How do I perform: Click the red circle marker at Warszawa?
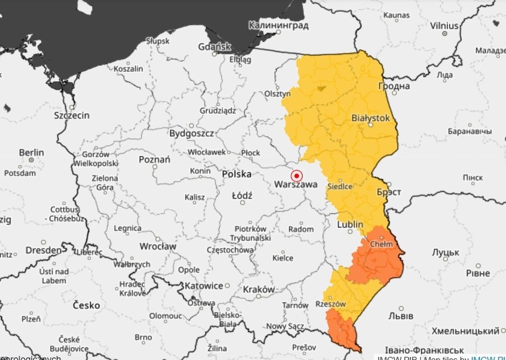[x=298, y=176]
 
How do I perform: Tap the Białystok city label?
[x=371, y=118]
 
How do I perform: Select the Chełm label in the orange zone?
[x=382, y=244]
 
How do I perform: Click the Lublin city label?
[x=349, y=225]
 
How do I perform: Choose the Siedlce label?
[x=340, y=187]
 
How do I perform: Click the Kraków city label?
[x=258, y=289]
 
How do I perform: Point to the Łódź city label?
[x=242, y=195]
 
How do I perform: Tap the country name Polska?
[x=236, y=174]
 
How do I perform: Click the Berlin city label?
[x=32, y=152]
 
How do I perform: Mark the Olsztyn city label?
[x=278, y=94]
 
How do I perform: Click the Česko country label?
[x=86, y=305]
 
